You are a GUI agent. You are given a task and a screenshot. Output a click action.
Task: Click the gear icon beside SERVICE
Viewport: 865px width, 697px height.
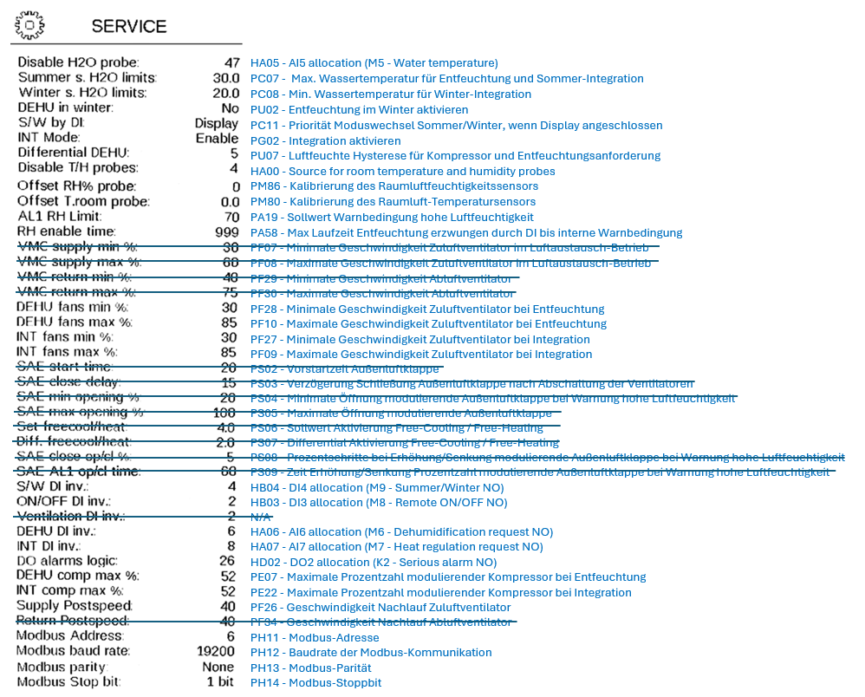pos(29,26)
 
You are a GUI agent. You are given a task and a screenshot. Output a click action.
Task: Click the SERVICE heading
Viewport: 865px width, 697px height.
pos(129,26)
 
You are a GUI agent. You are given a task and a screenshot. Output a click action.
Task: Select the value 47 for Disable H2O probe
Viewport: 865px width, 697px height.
pos(231,62)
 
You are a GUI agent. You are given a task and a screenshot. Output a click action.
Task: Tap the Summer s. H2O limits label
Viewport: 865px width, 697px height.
pos(87,78)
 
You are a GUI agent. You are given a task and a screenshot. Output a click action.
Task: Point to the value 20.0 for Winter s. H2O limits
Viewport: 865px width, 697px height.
pos(225,94)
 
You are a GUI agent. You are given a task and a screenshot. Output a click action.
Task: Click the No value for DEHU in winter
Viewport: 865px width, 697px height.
pos(230,109)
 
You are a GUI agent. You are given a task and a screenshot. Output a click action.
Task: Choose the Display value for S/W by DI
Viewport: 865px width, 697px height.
pos(216,124)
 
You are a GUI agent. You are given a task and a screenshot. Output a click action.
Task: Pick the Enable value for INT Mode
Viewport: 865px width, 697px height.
pos(217,139)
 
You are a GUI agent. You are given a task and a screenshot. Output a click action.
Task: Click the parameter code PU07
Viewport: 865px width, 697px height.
pos(263,156)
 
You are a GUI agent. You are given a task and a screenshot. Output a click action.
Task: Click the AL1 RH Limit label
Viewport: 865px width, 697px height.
pos(59,217)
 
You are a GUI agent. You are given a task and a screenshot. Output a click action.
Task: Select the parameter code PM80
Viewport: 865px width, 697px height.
pos(264,202)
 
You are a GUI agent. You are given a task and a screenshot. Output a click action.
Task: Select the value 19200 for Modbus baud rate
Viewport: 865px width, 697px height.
pos(216,652)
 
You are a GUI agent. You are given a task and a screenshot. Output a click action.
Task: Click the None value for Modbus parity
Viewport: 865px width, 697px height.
pos(219,668)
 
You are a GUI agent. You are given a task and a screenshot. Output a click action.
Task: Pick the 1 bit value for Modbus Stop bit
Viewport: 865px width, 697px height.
pos(220,682)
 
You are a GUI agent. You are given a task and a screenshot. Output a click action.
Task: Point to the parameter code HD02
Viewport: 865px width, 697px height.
pos(264,562)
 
